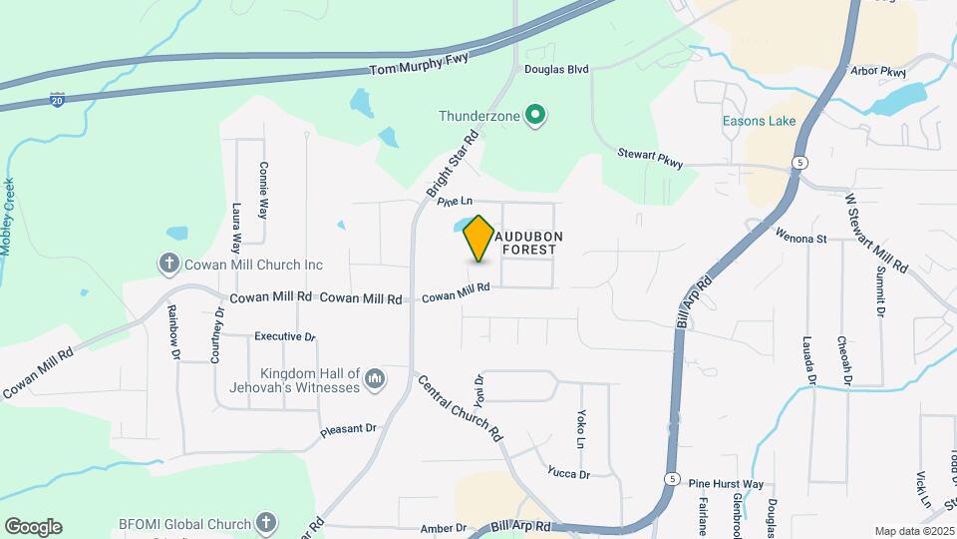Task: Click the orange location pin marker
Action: [478, 238]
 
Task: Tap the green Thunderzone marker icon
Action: [535, 116]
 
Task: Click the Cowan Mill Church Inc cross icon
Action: [169, 265]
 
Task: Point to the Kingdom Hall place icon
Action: [375, 378]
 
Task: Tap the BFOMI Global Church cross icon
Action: [265, 521]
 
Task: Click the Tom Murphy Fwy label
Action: [419, 69]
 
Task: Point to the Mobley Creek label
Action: [10, 216]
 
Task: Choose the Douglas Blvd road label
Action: [556, 69]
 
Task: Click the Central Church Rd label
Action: [459, 409]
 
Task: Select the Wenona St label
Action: [801, 239]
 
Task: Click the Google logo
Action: [33, 526]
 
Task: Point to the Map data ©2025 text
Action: [913, 531]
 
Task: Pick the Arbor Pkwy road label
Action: [878, 72]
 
